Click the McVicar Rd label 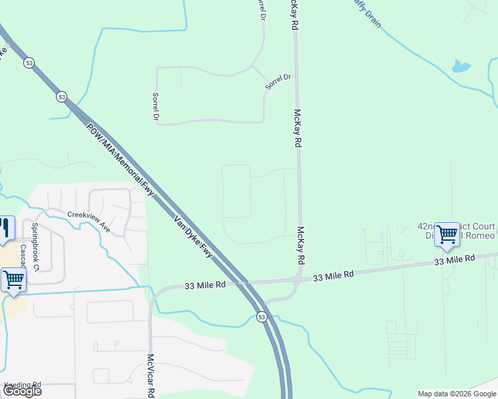[151, 375]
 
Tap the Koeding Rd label [23, 384]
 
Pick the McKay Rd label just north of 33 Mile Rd [300, 243]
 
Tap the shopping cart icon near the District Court [447, 234]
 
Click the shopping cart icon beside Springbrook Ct [13, 280]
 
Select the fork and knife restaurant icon [6, 227]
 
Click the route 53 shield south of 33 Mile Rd [262, 318]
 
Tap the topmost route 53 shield [29, 63]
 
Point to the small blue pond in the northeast [460, 66]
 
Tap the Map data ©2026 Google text [457, 394]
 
